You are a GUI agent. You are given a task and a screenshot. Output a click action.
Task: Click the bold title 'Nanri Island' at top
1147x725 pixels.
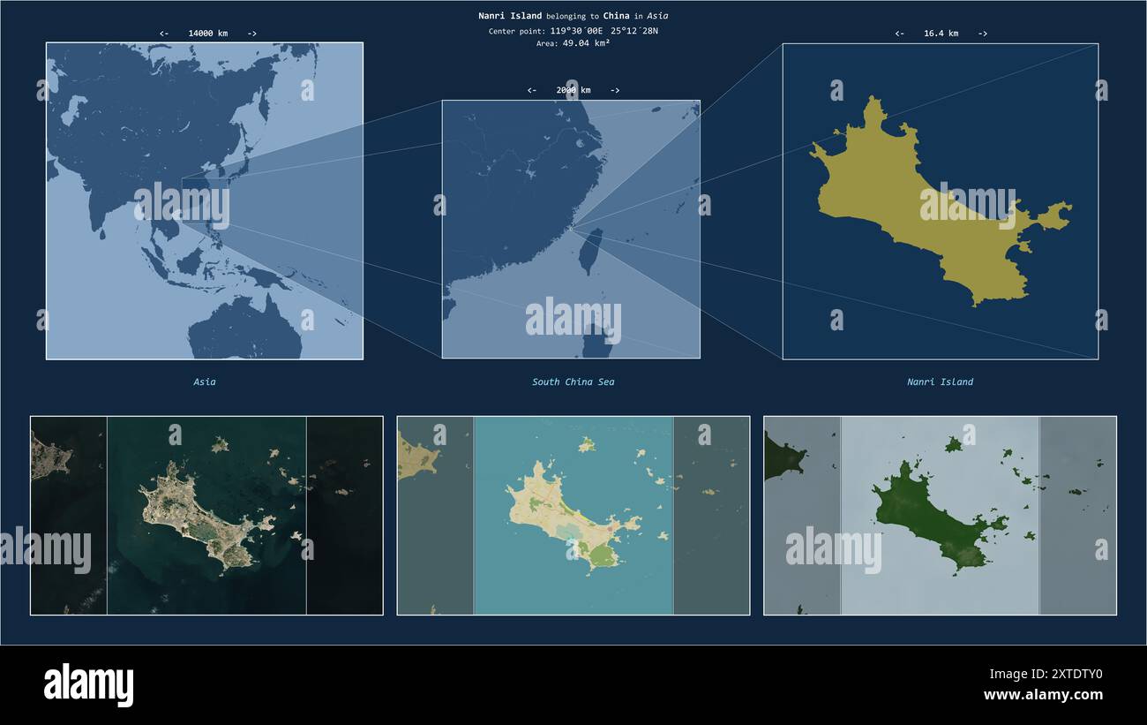(510, 16)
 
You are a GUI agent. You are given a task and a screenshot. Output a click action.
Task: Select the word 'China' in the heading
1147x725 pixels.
(616, 16)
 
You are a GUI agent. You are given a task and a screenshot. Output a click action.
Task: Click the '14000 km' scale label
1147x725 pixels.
(207, 34)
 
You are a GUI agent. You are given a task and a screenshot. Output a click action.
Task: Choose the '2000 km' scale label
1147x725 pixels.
(573, 90)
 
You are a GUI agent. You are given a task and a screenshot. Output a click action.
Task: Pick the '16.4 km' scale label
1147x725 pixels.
(941, 34)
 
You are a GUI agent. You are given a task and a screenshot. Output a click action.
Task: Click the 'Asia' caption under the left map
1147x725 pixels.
(205, 382)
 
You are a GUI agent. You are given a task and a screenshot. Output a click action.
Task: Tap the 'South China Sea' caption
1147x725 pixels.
(573, 382)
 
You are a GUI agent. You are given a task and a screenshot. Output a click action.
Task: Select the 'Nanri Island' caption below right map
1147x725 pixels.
(940, 382)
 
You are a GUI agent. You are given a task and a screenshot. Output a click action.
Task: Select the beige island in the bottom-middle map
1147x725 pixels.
(556, 512)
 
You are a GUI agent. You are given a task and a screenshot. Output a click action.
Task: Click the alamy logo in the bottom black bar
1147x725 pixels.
(88, 685)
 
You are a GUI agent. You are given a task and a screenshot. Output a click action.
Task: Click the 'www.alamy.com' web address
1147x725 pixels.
(1043, 695)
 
